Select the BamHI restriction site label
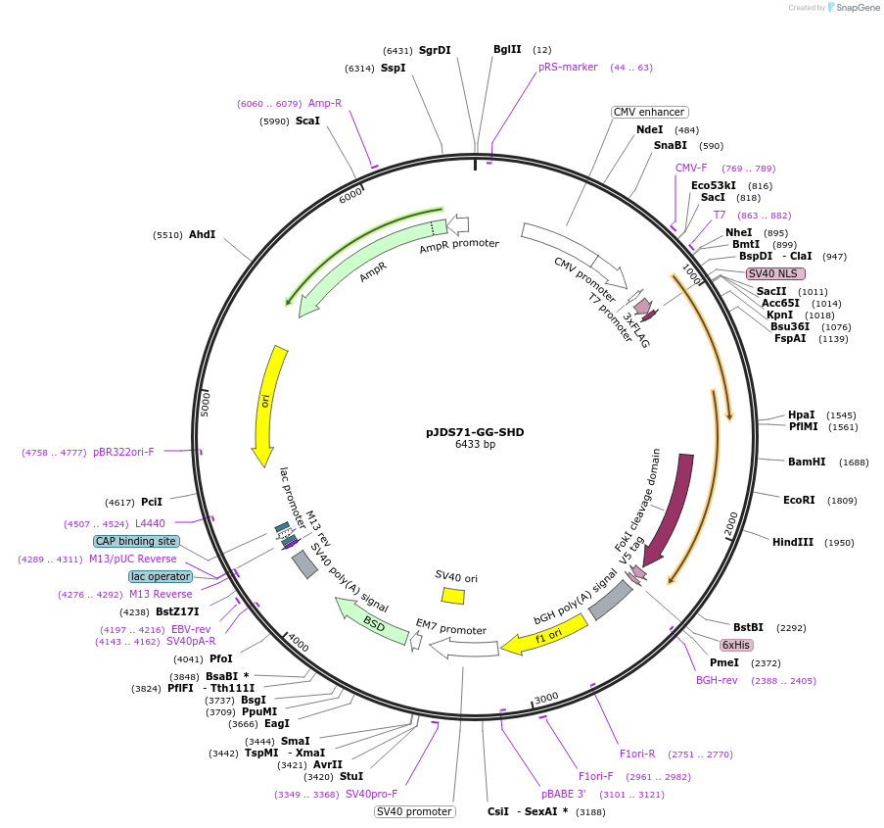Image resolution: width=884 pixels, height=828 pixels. point(807,462)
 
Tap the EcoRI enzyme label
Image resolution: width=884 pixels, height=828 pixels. point(799,500)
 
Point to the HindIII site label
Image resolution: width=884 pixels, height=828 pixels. point(792,542)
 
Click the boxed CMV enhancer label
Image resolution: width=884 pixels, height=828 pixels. point(649,112)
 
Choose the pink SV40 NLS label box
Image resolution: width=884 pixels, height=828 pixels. point(775,273)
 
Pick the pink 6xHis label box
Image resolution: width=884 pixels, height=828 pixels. point(735,645)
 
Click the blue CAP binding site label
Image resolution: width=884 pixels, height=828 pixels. point(136,541)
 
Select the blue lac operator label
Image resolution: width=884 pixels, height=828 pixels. point(161,576)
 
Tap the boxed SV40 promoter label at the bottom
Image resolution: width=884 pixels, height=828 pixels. point(414,811)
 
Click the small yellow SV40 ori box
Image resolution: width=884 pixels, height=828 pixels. point(452,595)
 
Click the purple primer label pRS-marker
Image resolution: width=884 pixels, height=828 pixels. point(568,68)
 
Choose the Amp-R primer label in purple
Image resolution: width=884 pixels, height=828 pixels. point(325,103)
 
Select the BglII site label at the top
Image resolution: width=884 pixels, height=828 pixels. point(507,49)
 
